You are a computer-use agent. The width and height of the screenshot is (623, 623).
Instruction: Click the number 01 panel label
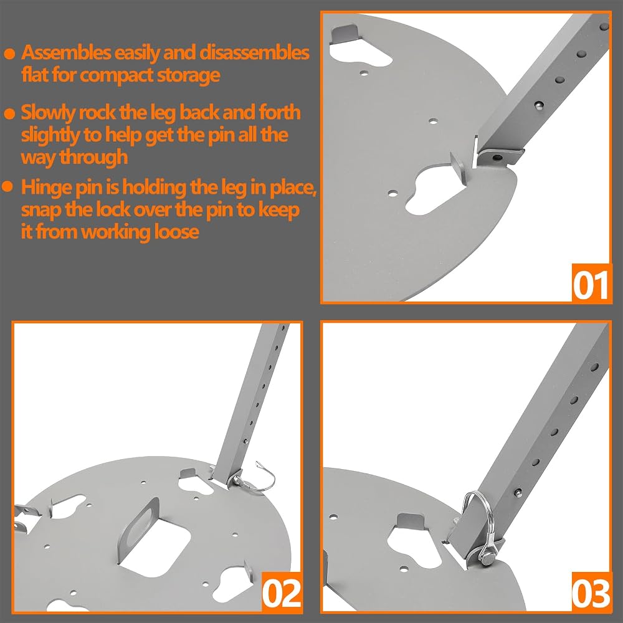[x=591, y=285]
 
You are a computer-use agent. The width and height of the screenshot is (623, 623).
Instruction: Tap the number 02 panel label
[x=282, y=593]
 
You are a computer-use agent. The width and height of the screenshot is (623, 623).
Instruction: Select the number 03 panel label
[x=591, y=593]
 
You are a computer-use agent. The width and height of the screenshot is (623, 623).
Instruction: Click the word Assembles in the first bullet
[x=66, y=53]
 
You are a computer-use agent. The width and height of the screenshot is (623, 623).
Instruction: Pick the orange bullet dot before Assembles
[x=9, y=54]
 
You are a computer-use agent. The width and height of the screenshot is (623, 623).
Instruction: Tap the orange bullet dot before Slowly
[x=9, y=113]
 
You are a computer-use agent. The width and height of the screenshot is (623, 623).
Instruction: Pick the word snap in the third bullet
[x=40, y=210]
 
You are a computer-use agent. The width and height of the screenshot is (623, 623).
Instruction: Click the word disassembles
[x=254, y=53]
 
